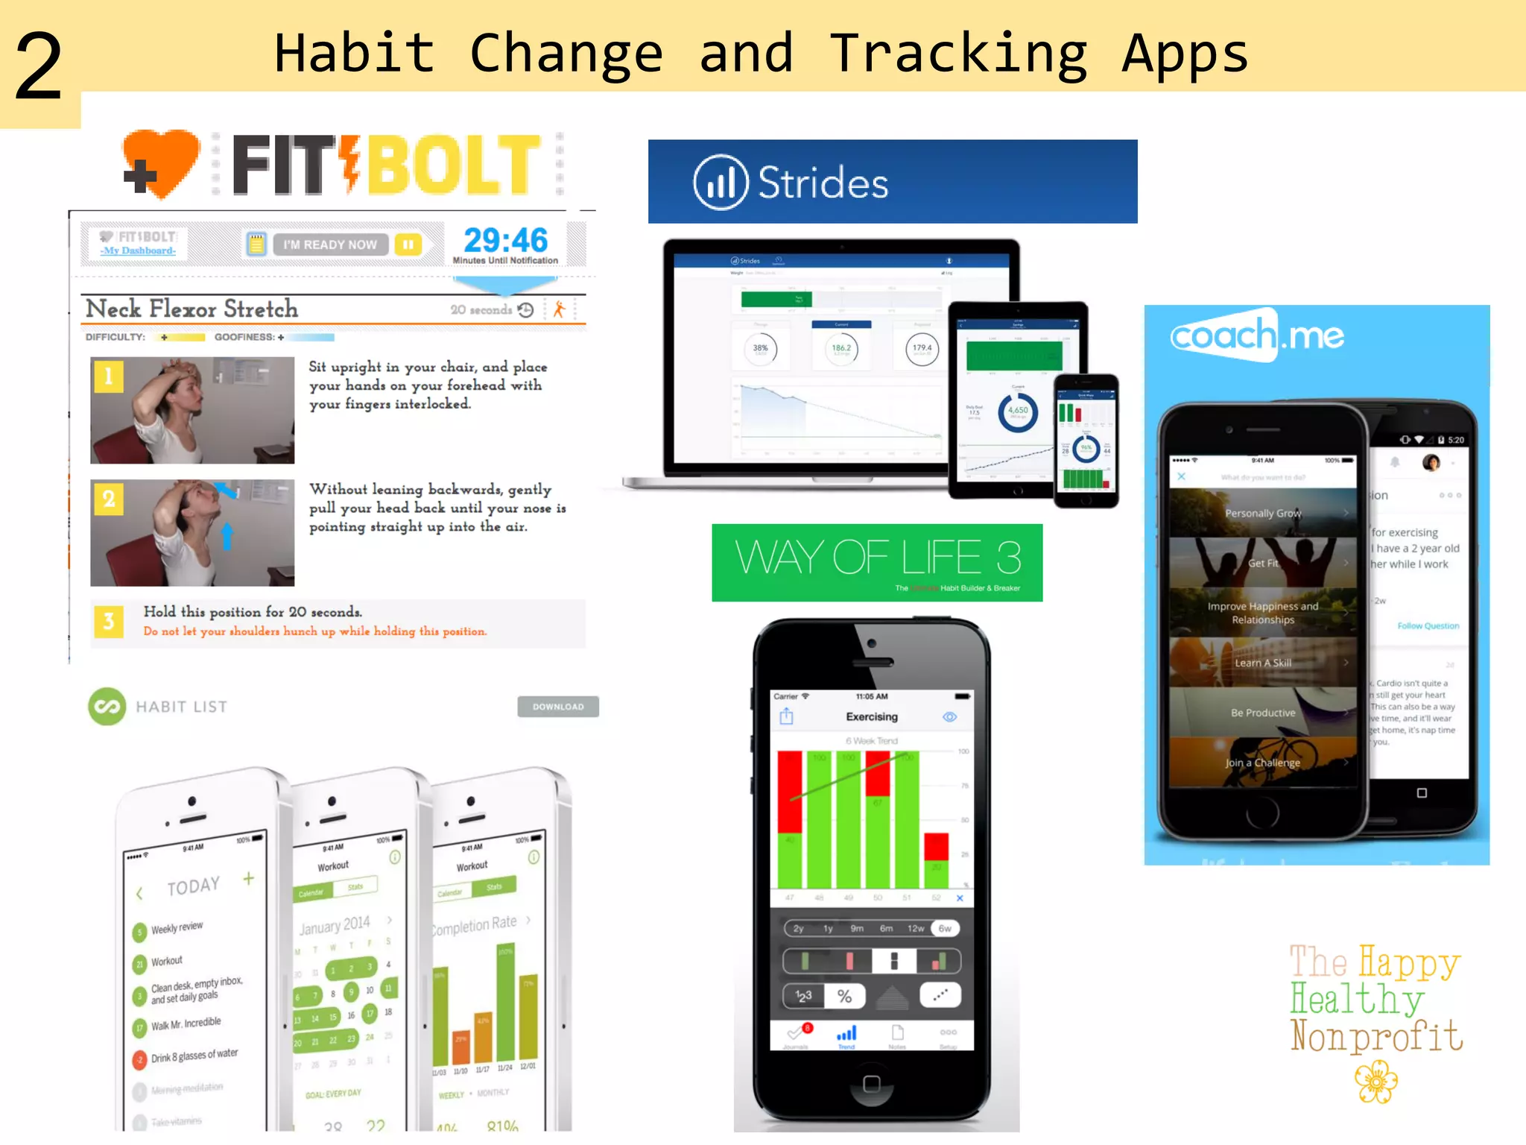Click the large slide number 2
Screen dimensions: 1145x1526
point(39,67)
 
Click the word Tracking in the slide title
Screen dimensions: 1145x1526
point(959,54)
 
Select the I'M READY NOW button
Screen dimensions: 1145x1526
point(330,245)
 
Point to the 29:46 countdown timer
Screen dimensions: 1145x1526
point(505,240)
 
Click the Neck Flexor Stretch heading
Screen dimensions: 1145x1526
point(192,309)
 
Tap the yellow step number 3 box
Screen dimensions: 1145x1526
point(109,621)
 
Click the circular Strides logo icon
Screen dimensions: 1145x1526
point(720,182)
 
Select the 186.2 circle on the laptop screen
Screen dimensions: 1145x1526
point(841,349)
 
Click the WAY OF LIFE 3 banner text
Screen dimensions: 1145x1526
point(877,558)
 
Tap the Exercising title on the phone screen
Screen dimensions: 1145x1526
point(872,716)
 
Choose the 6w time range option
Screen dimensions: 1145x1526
point(945,928)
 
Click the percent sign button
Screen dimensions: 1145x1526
point(844,996)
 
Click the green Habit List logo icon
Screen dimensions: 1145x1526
point(107,706)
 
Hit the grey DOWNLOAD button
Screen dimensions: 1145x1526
point(558,707)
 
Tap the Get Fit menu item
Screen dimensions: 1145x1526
point(1263,563)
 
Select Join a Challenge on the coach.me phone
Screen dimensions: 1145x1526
point(1263,763)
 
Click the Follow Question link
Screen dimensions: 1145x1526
point(1428,625)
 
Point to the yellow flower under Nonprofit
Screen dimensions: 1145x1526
point(1375,1082)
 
